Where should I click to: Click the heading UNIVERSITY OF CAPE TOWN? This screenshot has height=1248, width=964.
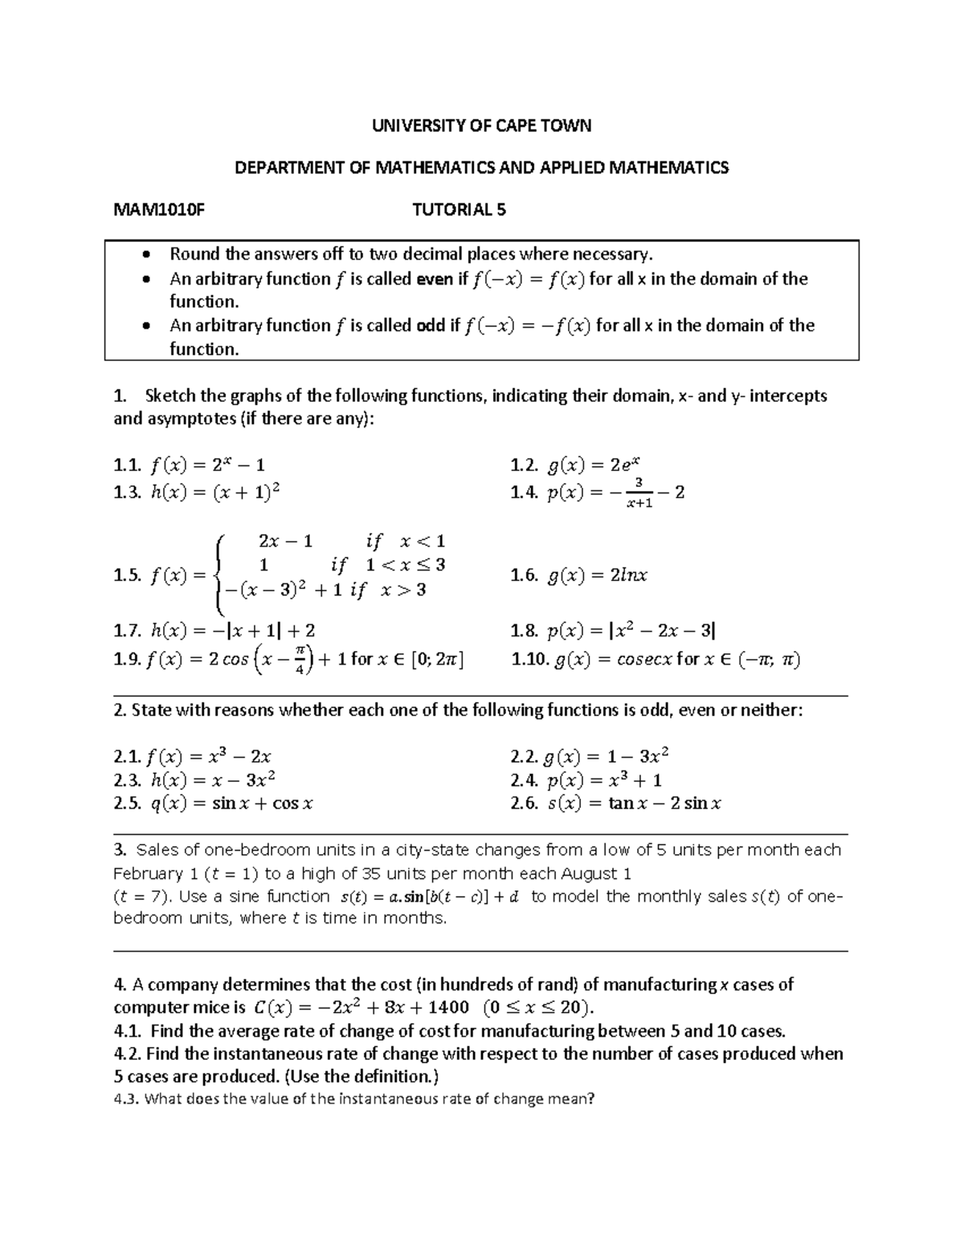coord(481,125)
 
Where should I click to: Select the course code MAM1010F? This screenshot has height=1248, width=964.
coord(159,211)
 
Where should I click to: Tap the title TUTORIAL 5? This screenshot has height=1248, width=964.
coord(459,211)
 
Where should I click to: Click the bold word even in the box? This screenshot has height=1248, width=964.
coord(434,279)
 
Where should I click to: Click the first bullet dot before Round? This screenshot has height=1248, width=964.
coord(145,255)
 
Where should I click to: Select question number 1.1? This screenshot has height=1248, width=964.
coord(128,464)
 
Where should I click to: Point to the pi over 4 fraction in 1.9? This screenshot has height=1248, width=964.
coord(299,661)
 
